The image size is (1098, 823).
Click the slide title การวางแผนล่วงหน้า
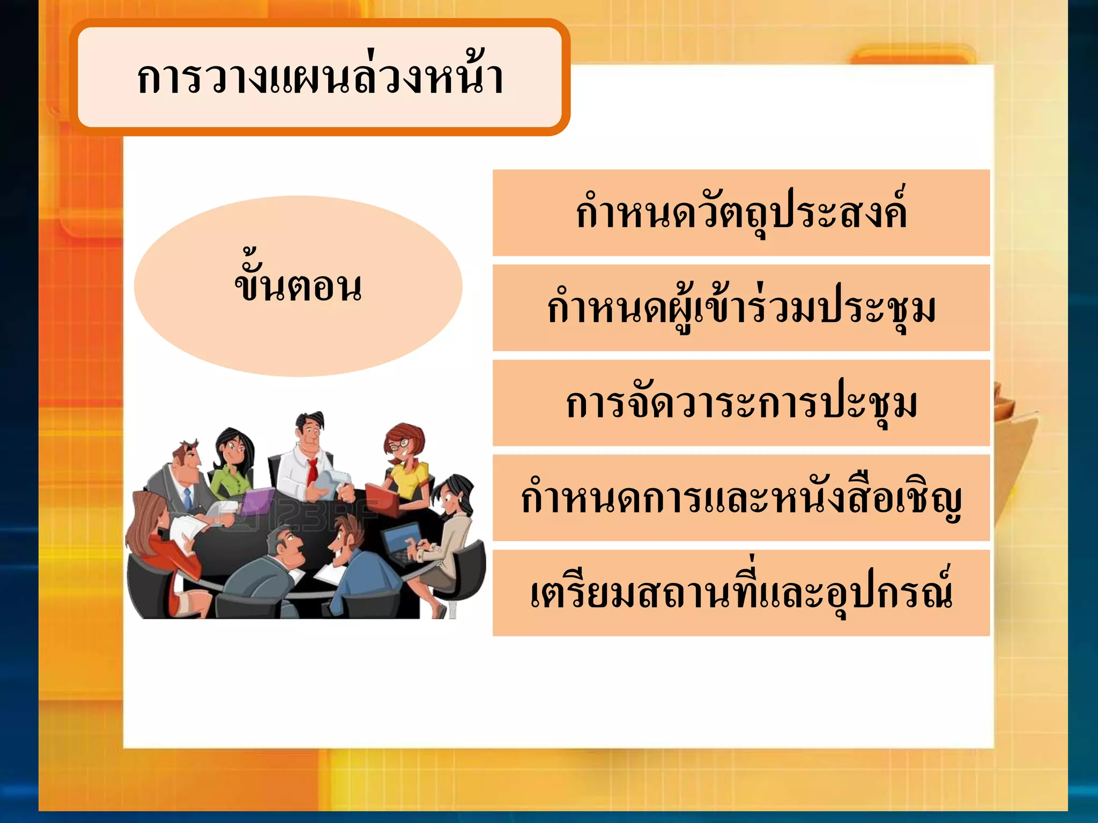click(x=320, y=78)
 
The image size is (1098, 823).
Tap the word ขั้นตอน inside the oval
click(x=298, y=286)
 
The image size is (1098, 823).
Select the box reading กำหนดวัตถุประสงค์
click(x=741, y=213)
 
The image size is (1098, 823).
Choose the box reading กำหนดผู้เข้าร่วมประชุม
click(x=741, y=308)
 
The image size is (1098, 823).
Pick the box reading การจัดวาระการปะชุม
click(x=741, y=403)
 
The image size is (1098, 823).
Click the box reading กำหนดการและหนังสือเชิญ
click(x=741, y=498)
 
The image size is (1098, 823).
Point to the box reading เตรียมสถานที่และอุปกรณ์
click(x=741, y=593)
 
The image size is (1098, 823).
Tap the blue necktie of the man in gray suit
click(x=187, y=498)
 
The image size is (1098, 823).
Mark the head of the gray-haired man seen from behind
click(x=284, y=544)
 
